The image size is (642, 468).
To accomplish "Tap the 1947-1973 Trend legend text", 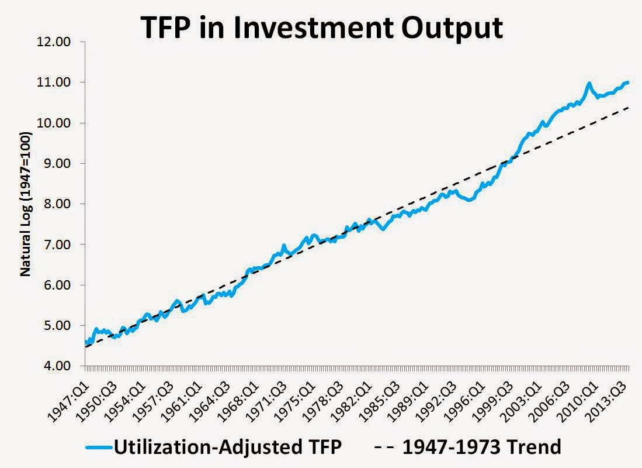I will point(481,448).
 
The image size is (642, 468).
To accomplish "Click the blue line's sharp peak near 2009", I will point(588,84).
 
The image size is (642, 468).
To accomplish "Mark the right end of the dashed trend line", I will point(629,107).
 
